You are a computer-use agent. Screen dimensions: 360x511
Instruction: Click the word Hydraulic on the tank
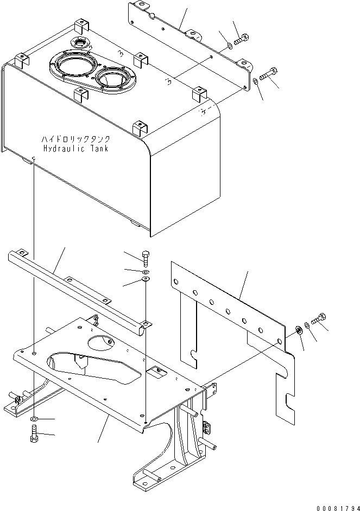coord(64,149)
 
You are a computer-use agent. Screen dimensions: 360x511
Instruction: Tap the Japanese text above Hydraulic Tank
coord(75,139)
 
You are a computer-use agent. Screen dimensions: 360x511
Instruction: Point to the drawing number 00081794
coord(338,508)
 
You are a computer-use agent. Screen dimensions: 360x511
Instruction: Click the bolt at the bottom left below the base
coord(34,433)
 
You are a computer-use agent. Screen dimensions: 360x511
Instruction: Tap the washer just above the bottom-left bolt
coord(34,418)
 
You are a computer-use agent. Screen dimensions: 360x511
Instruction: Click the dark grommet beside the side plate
coord(298,330)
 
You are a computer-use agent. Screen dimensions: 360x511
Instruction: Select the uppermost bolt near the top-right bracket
coord(242,40)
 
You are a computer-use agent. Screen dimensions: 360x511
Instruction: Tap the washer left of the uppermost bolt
coord(230,45)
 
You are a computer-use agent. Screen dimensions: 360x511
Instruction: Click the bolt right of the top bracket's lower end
coord(268,74)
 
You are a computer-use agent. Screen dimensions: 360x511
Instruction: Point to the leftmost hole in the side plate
coord(176,282)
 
